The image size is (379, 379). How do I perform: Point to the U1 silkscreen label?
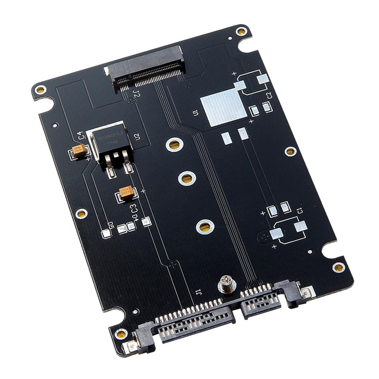(x=196, y=114)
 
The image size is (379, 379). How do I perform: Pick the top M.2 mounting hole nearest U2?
(x=175, y=144)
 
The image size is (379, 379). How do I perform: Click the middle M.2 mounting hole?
(x=187, y=178)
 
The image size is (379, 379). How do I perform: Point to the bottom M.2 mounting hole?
(x=205, y=227)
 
